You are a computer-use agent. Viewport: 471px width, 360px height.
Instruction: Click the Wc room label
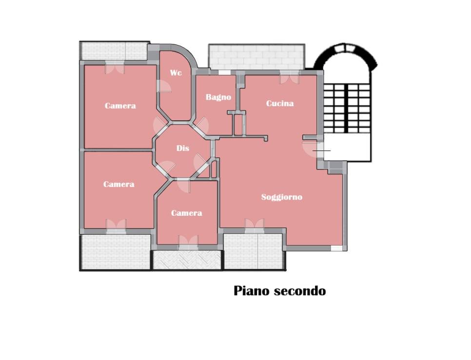(176, 73)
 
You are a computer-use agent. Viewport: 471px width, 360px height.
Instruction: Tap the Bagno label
(218, 97)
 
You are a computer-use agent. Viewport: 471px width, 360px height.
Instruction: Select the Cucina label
(280, 103)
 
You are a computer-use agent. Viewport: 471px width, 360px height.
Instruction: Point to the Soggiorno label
(281, 197)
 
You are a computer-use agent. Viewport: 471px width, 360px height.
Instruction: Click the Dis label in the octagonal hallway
(183, 149)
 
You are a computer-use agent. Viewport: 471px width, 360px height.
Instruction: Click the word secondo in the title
(299, 291)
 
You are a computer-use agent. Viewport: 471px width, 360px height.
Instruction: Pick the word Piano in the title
(252, 291)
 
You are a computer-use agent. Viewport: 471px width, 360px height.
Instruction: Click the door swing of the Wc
(164, 86)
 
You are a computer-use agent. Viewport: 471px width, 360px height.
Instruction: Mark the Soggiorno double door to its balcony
(254, 224)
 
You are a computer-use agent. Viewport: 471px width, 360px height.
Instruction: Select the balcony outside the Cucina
(257, 57)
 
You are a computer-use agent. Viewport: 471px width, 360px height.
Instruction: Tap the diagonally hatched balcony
(187, 260)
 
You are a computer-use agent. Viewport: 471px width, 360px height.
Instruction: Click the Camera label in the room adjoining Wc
(120, 106)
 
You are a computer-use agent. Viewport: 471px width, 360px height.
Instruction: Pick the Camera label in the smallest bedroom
(186, 213)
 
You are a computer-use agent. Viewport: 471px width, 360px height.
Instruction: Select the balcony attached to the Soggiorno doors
(253, 251)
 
